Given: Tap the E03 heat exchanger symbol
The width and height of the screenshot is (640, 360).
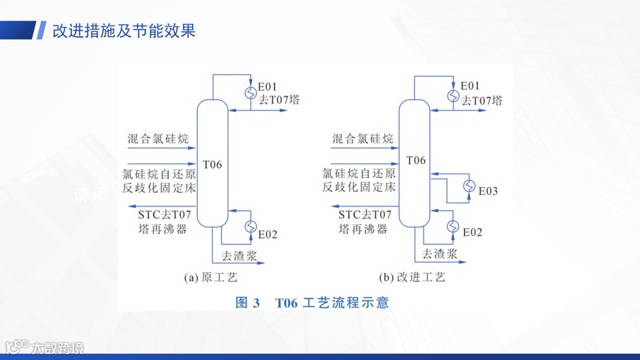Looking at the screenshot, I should coord(470,185).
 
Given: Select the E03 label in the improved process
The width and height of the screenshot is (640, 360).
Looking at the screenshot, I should coord(488,191).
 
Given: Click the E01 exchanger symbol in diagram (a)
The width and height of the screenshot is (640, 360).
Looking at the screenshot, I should coord(250,93).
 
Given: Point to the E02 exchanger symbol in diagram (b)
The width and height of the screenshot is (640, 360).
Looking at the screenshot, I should coord(454,225).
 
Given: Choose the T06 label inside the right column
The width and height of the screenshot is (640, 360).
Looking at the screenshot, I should coord(415,161).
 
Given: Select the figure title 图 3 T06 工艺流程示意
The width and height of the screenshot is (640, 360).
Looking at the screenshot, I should coord(313,303).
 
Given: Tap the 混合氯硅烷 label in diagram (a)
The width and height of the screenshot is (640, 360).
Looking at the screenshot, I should coord(158,139).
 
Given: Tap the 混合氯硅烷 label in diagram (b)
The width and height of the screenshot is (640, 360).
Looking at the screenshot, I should coord(362,139).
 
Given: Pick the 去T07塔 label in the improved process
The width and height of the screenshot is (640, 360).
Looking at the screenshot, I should coord(482,101).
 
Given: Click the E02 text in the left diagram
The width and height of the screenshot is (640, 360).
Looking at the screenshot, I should coord(268,234).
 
